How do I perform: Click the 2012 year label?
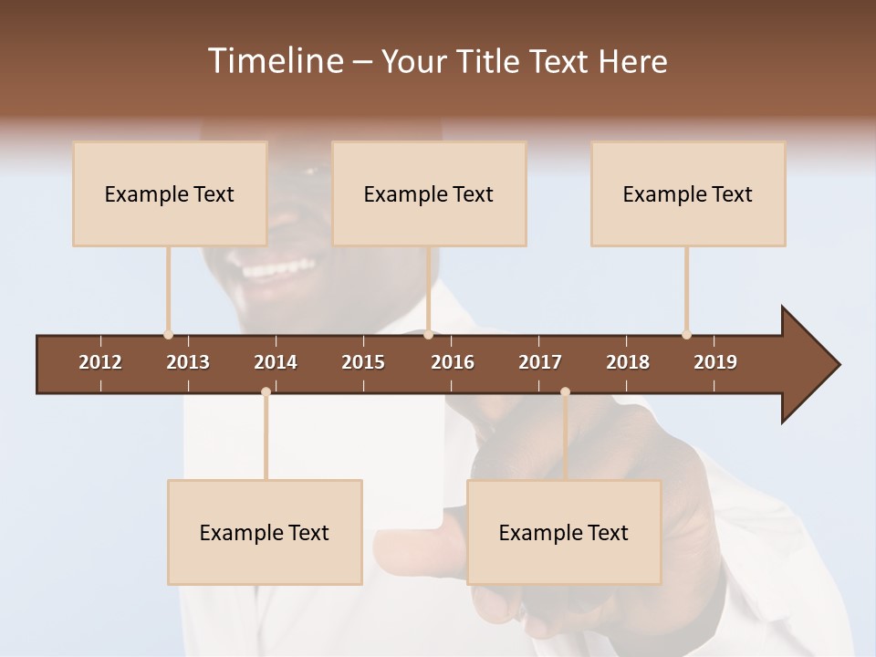pos(100,362)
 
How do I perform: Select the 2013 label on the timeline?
pos(188,362)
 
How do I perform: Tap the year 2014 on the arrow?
pos(276,362)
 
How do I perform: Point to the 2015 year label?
pos(363,362)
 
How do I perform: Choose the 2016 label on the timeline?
pos(453,362)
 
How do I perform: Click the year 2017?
pos(540,362)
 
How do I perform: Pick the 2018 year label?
pos(628,362)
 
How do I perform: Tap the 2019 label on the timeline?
pos(715,362)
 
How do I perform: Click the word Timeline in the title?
pos(274,61)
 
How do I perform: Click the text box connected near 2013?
pos(170,193)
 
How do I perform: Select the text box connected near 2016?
pos(429,193)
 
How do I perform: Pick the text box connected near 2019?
pos(688,193)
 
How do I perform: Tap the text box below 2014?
pos(265,532)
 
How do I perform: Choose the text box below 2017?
pos(564,532)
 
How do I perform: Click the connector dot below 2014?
pos(266,391)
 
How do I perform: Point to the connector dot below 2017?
pos(565,391)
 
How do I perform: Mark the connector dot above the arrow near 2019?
pos(686,335)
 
